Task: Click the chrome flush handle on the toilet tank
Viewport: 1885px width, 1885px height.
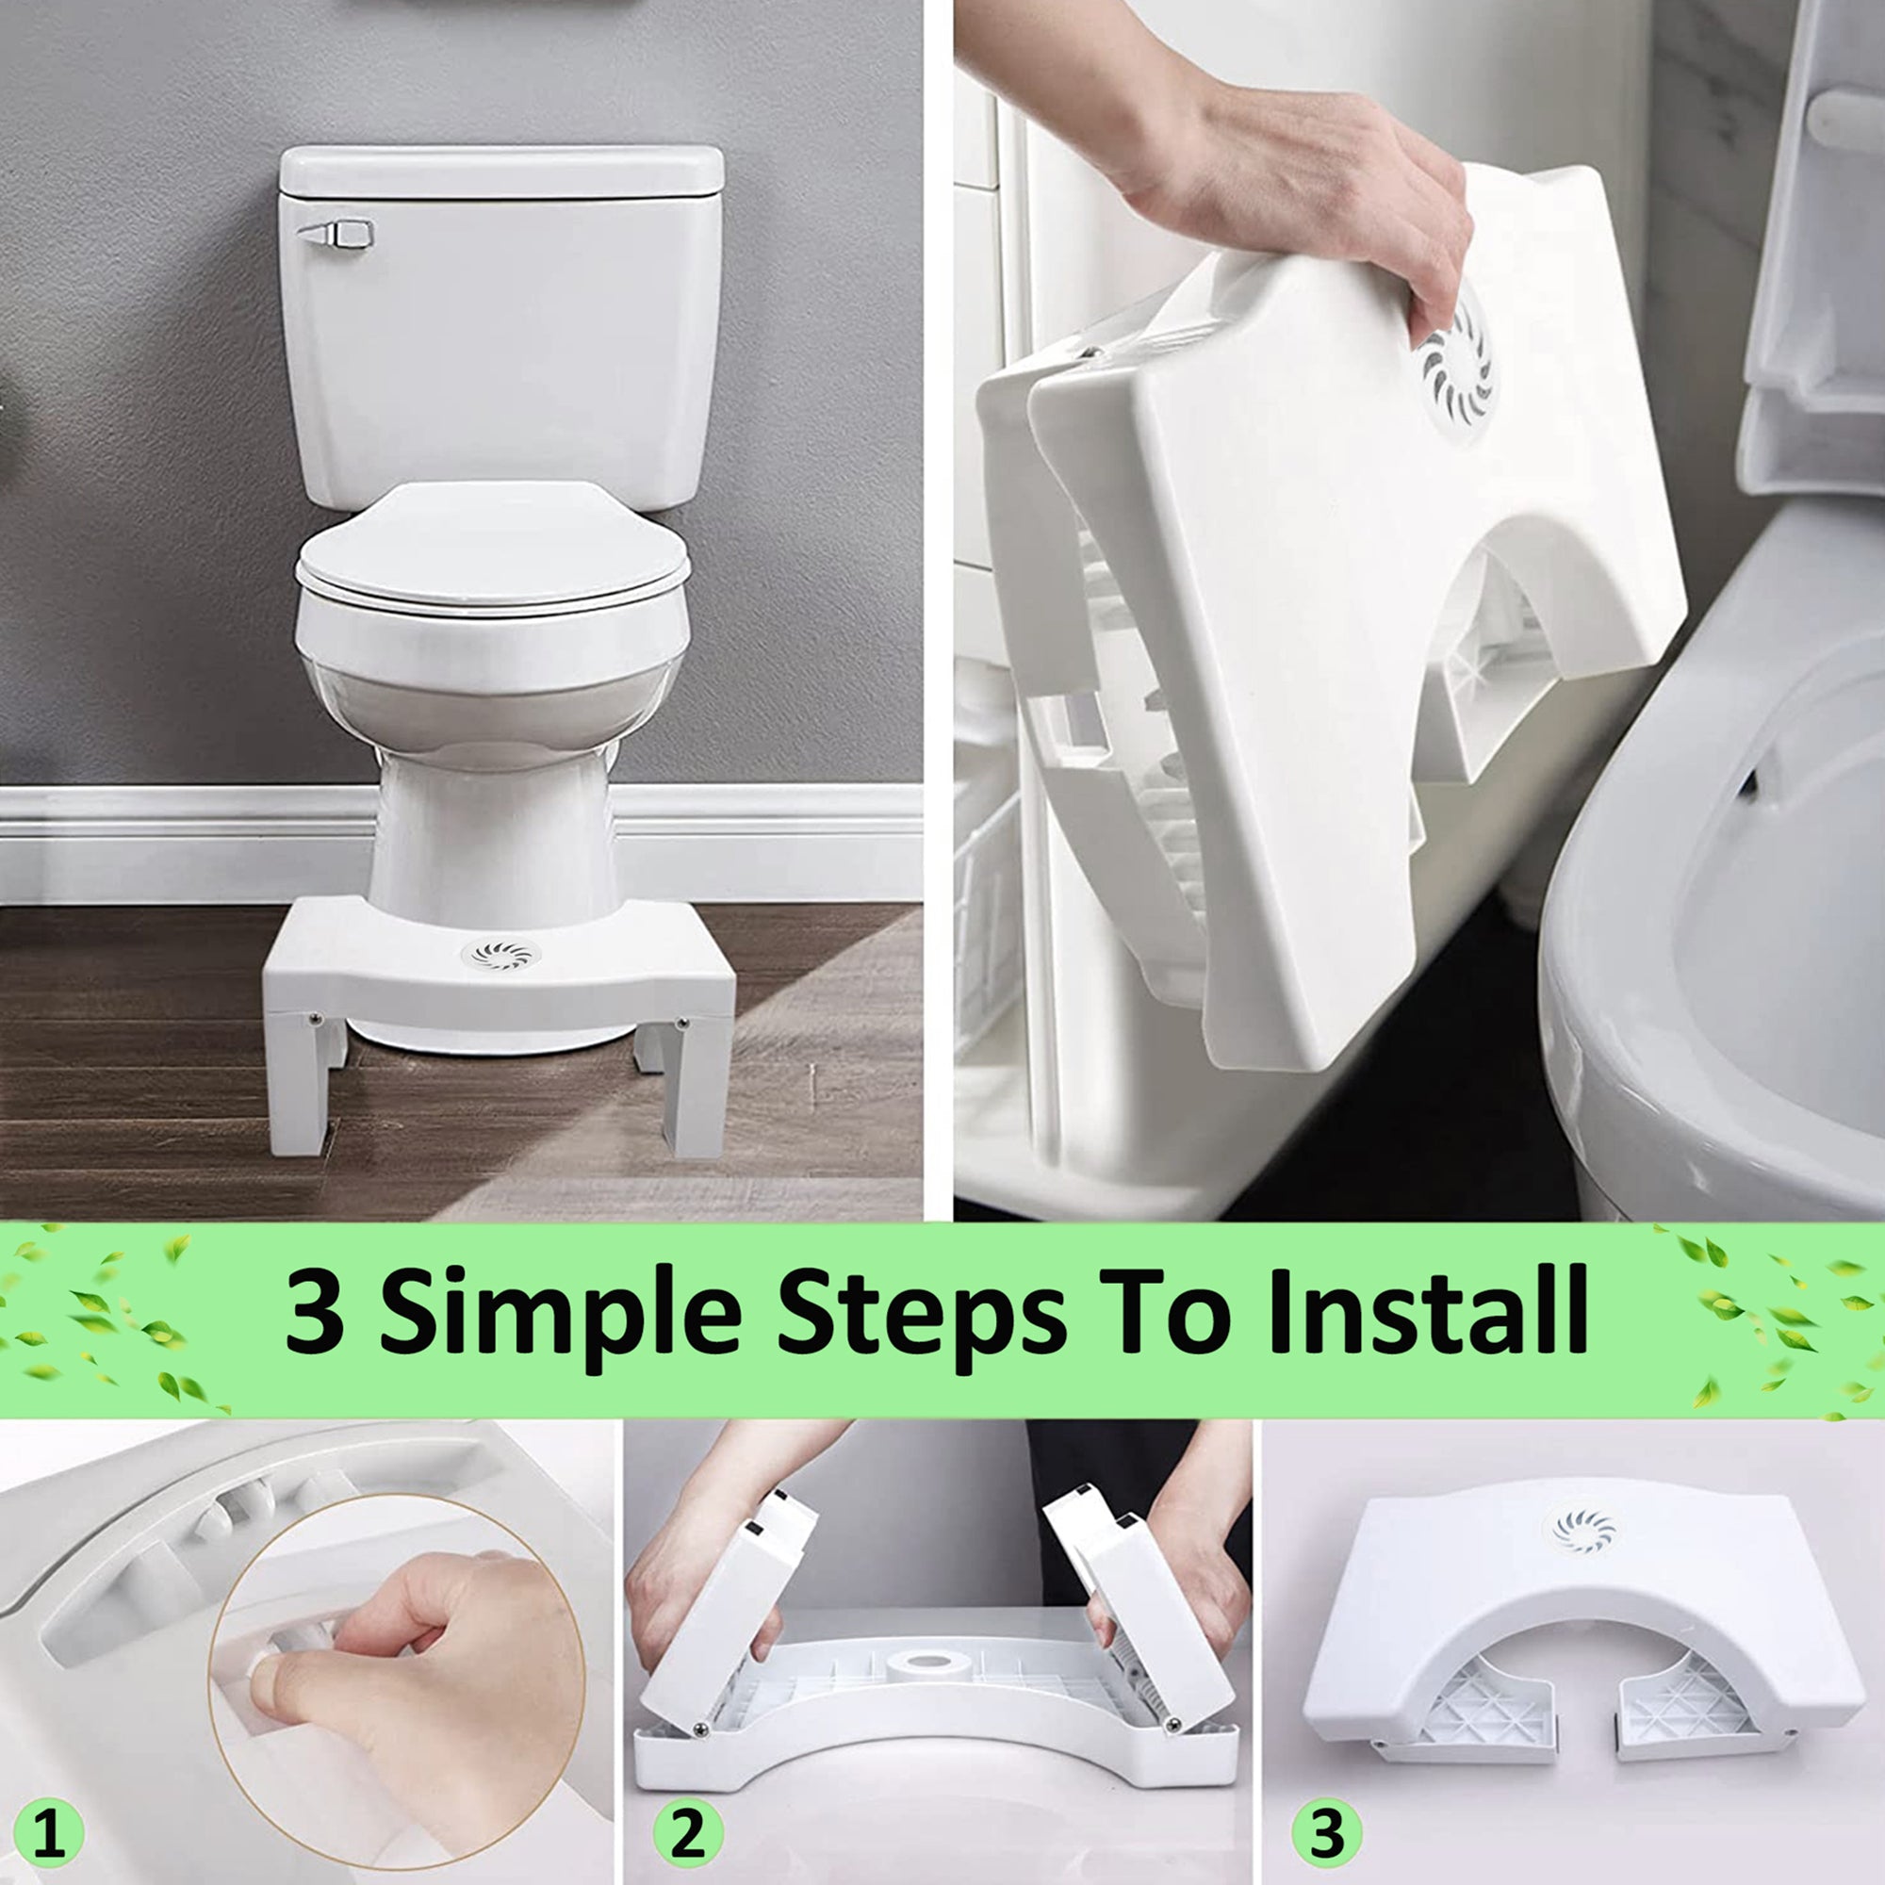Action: [336, 234]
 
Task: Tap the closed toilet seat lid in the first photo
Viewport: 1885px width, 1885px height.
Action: [493, 547]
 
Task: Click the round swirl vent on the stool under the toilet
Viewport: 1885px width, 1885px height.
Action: [499, 953]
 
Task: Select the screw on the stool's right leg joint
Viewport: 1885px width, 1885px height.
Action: [680, 1023]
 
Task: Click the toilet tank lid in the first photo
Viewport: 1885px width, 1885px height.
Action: [500, 171]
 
